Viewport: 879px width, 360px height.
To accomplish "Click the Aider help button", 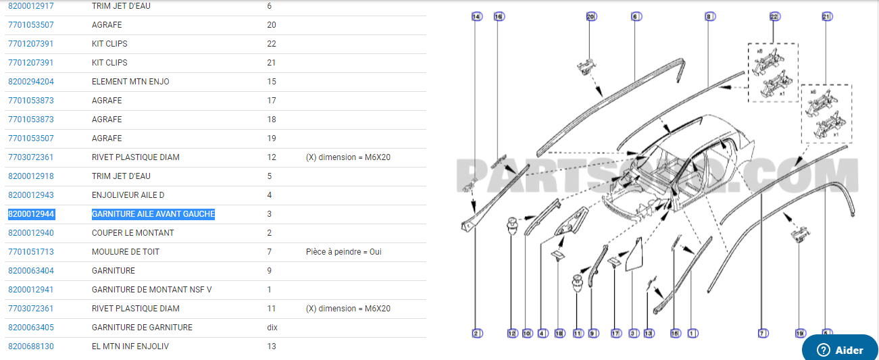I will (x=840, y=350).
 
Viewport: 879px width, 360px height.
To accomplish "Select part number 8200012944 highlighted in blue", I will (x=31, y=214).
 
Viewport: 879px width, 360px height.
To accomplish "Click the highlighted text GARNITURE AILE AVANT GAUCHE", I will (x=153, y=214).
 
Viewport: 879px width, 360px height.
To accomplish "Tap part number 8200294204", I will (x=31, y=82).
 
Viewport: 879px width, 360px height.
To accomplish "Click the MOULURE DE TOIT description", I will (x=126, y=252).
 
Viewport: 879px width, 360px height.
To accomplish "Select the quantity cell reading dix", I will (x=272, y=328).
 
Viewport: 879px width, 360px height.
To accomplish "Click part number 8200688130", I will (x=31, y=346).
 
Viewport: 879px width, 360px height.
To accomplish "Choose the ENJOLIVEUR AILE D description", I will (x=128, y=195).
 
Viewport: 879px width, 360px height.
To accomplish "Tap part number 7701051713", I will (x=31, y=252).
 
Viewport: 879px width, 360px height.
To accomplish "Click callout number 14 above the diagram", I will (x=476, y=16).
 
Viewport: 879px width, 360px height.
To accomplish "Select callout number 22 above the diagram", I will (x=774, y=16).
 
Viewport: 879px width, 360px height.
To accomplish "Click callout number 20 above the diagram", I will (x=591, y=16).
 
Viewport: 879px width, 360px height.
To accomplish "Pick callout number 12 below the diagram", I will (x=512, y=333).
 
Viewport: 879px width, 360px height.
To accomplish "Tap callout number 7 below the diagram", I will (x=761, y=333).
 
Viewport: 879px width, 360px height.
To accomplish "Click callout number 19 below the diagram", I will (x=800, y=333).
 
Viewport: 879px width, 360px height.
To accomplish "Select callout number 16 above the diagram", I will (x=499, y=16).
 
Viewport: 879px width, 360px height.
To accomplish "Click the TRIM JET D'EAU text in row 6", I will (x=122, y=6).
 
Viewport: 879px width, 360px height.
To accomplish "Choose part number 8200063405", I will (x=31, y=328).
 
